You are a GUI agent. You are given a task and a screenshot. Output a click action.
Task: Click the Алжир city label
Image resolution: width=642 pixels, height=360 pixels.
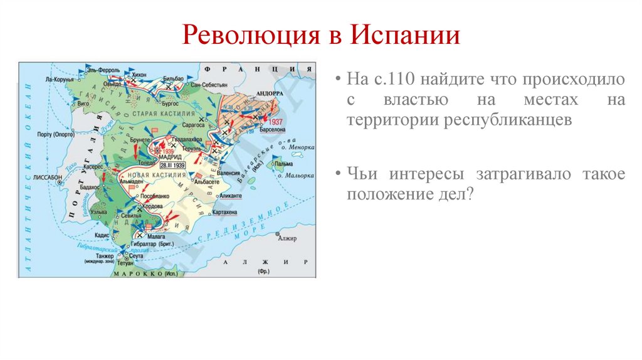coord(287,238)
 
